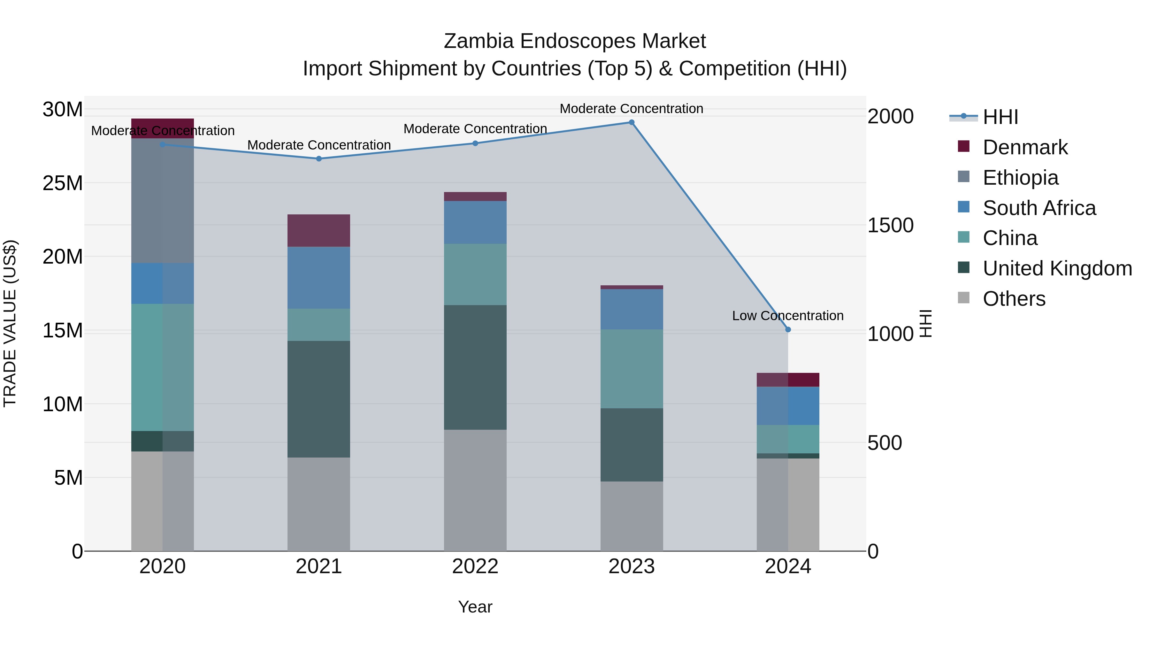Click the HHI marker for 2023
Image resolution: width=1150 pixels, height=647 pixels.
tap(631, 122)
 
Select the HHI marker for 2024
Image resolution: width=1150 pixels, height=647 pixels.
tap(788, 329)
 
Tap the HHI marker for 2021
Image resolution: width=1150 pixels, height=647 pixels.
tap(319, 158)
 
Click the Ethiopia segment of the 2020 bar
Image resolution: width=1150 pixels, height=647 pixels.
tap(163, 201)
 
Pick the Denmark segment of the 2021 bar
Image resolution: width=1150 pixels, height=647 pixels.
tap(319, 230)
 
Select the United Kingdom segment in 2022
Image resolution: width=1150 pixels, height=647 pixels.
tap(475, 367)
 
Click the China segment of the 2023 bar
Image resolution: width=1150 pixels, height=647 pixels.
tap(631, 369)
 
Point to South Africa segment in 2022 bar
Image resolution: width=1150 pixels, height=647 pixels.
tap(475, 222)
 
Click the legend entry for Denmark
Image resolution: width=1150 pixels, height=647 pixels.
tap(1025, 147)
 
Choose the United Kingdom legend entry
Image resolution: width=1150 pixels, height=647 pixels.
tap(1057, 268)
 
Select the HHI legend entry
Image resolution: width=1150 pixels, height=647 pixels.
tap(1000, 117)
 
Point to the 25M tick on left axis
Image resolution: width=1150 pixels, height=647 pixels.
tap(63, 183)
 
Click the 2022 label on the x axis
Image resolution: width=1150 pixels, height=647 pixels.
tap(475, 566)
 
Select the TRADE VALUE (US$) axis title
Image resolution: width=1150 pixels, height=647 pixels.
tap(10, 323)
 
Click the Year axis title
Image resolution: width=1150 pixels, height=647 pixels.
tap(475, 607)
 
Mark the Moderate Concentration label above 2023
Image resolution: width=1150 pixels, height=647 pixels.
tap(631, 109)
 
